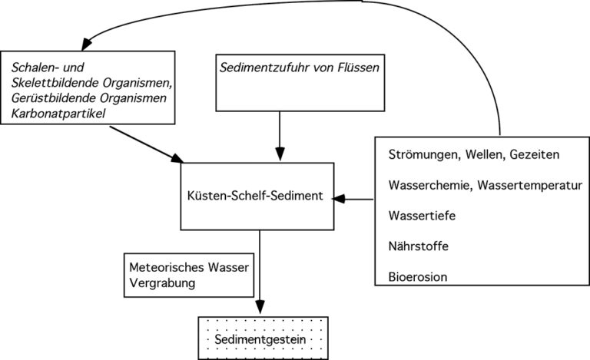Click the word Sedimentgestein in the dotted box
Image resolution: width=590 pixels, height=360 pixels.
click(x=260, y=340)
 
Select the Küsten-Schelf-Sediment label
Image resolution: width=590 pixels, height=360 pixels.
click(x=255, y=196)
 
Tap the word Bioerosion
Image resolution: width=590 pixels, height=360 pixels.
click(x=418, y=277)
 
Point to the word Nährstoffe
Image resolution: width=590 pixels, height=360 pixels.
click(x=419, y=246)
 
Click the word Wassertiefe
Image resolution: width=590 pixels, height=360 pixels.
click(x=422, y=216)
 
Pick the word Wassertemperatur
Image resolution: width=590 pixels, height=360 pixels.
click(x=530, y=185)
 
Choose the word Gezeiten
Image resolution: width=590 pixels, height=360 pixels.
click(x=535, y=154)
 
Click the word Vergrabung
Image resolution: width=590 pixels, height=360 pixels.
click(x=162, y=283)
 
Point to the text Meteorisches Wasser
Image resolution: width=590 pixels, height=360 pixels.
click(x=189, y=267)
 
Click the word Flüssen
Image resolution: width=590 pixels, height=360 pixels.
click(x=359, y=68)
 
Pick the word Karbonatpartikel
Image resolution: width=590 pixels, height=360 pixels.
click(x=58, y=114)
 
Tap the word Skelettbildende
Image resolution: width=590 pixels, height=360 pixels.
click(x=55, y=83)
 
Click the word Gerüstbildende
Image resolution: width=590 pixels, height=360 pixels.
click(x=54, y=98)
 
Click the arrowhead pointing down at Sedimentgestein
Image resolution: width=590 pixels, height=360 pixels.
click(x=260, y=306)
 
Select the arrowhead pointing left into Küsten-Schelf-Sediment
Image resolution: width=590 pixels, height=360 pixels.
click(x=339, y=199)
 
